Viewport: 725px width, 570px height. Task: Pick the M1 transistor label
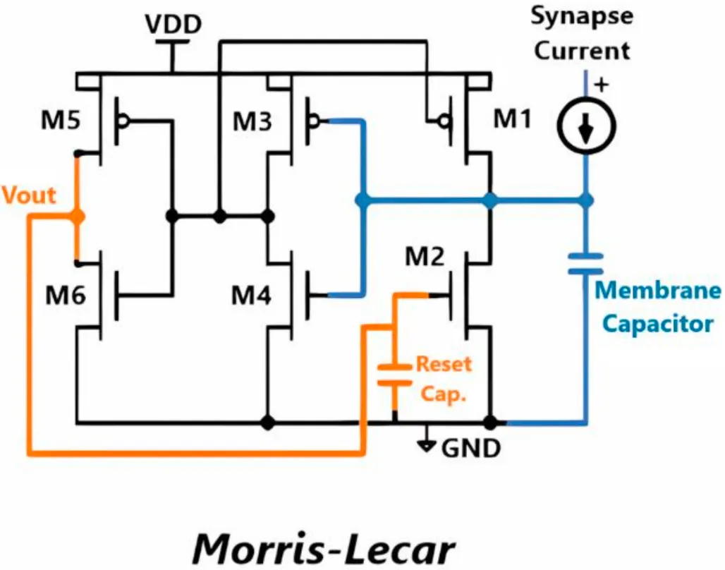tap(513, 120)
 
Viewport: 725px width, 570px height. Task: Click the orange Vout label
tap(28, 195)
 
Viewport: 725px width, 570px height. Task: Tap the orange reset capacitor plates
tap(394, 375)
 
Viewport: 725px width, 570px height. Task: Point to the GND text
tap(470, 447)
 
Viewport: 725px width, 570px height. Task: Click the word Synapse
tap(581, 15)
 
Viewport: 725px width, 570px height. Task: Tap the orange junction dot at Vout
tap(77, 217)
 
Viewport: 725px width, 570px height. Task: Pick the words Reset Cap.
tap(444, 379)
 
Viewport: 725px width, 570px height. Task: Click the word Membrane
tap(659, 291)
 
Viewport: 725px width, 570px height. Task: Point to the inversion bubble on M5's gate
tap(124, 121)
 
